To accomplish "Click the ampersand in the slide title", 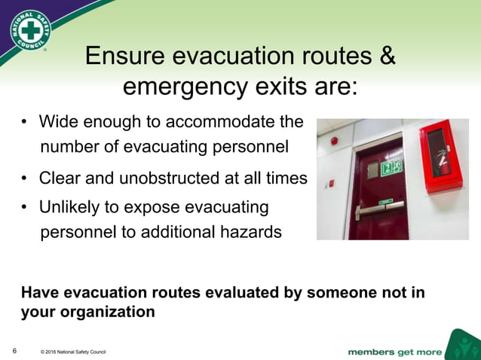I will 387,56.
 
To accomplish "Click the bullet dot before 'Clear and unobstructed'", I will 25,179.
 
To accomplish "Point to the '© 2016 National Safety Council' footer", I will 73,352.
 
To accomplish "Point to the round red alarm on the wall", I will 334,140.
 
